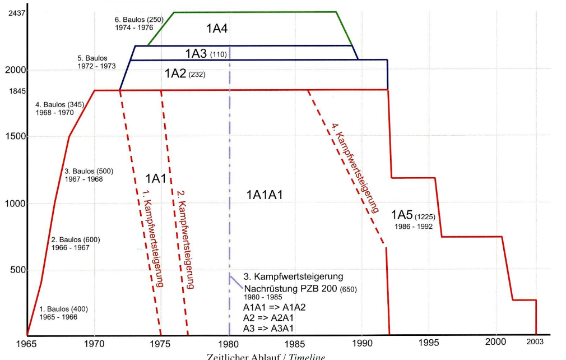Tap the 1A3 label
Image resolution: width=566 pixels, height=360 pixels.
click(x=197, y=53)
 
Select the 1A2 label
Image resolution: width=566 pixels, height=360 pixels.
click(x=176, y=73)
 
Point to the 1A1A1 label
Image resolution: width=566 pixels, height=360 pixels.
click(x=265, y=195)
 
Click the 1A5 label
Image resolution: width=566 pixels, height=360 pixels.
click(x=402, y=215)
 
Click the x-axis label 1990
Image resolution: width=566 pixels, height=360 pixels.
click(x=363, y=343)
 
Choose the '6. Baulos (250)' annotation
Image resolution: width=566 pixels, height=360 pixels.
click(x=138, y=20)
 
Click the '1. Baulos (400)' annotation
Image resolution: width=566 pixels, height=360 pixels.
click(x=63, y=309)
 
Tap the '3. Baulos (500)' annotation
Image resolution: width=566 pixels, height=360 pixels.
click(x=89, y=171)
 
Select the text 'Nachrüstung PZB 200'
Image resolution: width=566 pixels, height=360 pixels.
click(x=293, y=288)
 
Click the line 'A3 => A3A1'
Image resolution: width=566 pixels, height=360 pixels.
click(x=270, y=328)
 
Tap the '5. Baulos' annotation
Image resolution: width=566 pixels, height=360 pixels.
click(x=92, y=58)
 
